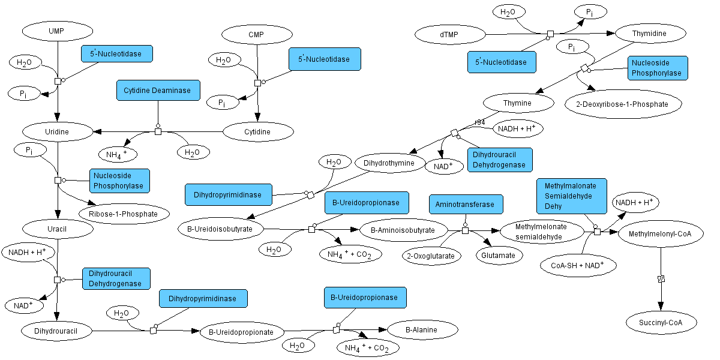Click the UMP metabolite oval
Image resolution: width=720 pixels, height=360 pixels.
[x=56, y=30]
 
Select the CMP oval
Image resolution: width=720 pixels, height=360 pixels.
[x=256, y=34]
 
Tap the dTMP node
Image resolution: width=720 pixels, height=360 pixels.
[x=448, y=35]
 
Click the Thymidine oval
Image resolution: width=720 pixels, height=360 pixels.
[x=649, y=34]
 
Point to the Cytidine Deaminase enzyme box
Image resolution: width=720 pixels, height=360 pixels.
[x=157, y=91]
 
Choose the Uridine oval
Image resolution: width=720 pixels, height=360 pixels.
[x=58, y=131]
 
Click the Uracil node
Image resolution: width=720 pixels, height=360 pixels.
[x=58, y=229]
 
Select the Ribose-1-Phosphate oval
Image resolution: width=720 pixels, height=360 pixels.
[x=125, y=214]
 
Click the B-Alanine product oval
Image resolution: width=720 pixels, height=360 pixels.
[x=422, y=329]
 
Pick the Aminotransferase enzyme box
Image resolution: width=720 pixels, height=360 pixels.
[x=466, y=205]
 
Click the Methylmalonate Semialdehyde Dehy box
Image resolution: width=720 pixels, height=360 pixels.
[x=571, y=196]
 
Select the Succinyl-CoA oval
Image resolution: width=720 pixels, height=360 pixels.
[x=662, y=323]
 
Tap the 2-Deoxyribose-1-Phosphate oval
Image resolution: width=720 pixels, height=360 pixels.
[x=624, y=104]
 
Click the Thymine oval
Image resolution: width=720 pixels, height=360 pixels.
[x=517, y=103]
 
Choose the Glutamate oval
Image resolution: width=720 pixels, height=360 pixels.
[x=499, y=255]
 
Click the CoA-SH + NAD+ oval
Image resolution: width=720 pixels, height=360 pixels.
[x=577, y=265]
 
